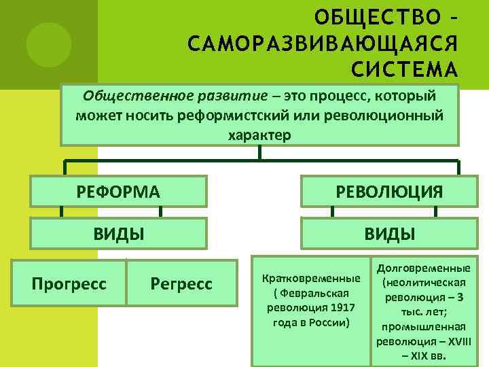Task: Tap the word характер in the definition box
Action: point(259,135)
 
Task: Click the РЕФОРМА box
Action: point(119,192)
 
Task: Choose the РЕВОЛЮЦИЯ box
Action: point(389,192)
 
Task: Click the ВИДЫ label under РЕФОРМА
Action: point(119,234)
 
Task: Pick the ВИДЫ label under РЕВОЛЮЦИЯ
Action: point(389,234)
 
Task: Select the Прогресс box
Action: point(69,283)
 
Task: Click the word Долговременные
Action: point(423,268)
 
